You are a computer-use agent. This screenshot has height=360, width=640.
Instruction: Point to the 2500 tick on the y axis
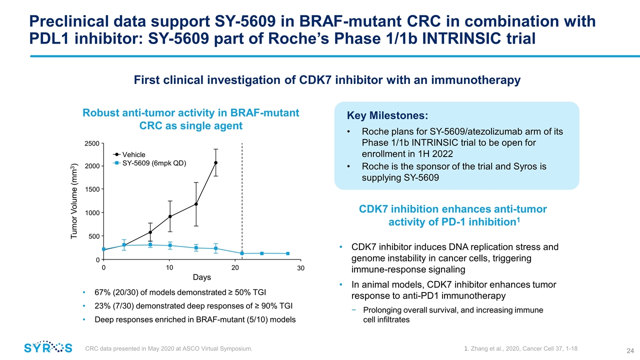[x=91, y=143]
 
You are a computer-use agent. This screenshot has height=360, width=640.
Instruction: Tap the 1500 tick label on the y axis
[x=91, y=189]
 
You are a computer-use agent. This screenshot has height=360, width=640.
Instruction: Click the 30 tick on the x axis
[x=300, y=268]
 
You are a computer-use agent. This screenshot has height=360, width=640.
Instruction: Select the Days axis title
[x=202, y=277]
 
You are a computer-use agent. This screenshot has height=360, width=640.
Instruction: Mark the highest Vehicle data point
[x=216, y=162]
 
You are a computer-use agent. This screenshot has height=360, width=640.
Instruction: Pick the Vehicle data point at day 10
[x=170, y=216]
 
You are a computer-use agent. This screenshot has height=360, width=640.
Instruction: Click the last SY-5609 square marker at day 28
[x=287, y=253]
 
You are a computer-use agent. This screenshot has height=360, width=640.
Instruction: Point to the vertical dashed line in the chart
[x=242, y=200]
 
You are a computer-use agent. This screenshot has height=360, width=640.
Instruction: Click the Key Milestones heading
[x=387, y=116]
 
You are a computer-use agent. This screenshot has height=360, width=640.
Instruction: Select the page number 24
[x=623, y=349]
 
